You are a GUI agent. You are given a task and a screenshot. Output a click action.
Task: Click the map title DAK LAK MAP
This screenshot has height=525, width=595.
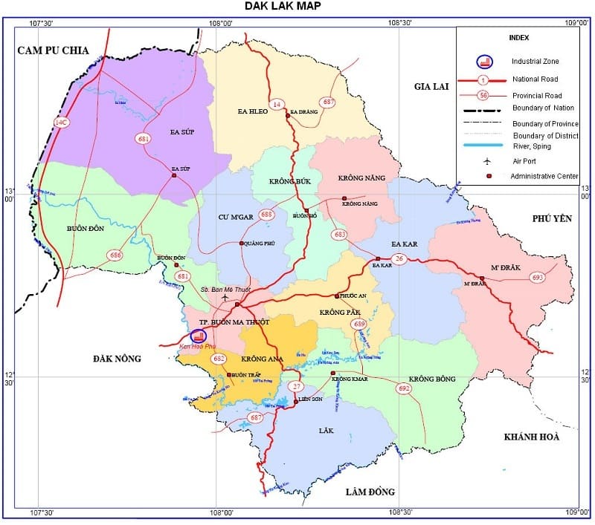[x=283, y=7]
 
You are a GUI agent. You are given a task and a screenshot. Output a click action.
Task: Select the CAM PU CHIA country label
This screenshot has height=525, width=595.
[x=54, y=50]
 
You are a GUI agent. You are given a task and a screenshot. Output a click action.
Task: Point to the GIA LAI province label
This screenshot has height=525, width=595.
[x=433, y=87]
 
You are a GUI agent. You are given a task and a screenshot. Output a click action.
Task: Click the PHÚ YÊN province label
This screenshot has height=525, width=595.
[x=550, y=218]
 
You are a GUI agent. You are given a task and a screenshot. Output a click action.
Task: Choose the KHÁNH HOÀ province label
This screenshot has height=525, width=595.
[x=531, y=437]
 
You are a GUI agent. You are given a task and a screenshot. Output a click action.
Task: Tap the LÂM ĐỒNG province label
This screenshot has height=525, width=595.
[x=370, y=492]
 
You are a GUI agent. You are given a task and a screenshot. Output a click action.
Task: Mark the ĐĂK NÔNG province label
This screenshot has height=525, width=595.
[x=117, y=359]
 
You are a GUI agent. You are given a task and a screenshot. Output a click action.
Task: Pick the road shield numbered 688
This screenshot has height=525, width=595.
[x=266, y=215]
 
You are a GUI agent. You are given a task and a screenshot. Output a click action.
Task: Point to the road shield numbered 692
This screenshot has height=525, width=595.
[x=404, y=388]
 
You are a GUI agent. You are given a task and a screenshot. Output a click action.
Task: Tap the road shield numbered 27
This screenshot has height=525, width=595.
[x=297, y=386]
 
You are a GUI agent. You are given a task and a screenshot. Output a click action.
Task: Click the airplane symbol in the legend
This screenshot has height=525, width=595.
[x=487, y=161]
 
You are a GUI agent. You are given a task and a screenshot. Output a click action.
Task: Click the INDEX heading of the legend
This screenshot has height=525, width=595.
[x=518, y=37]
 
